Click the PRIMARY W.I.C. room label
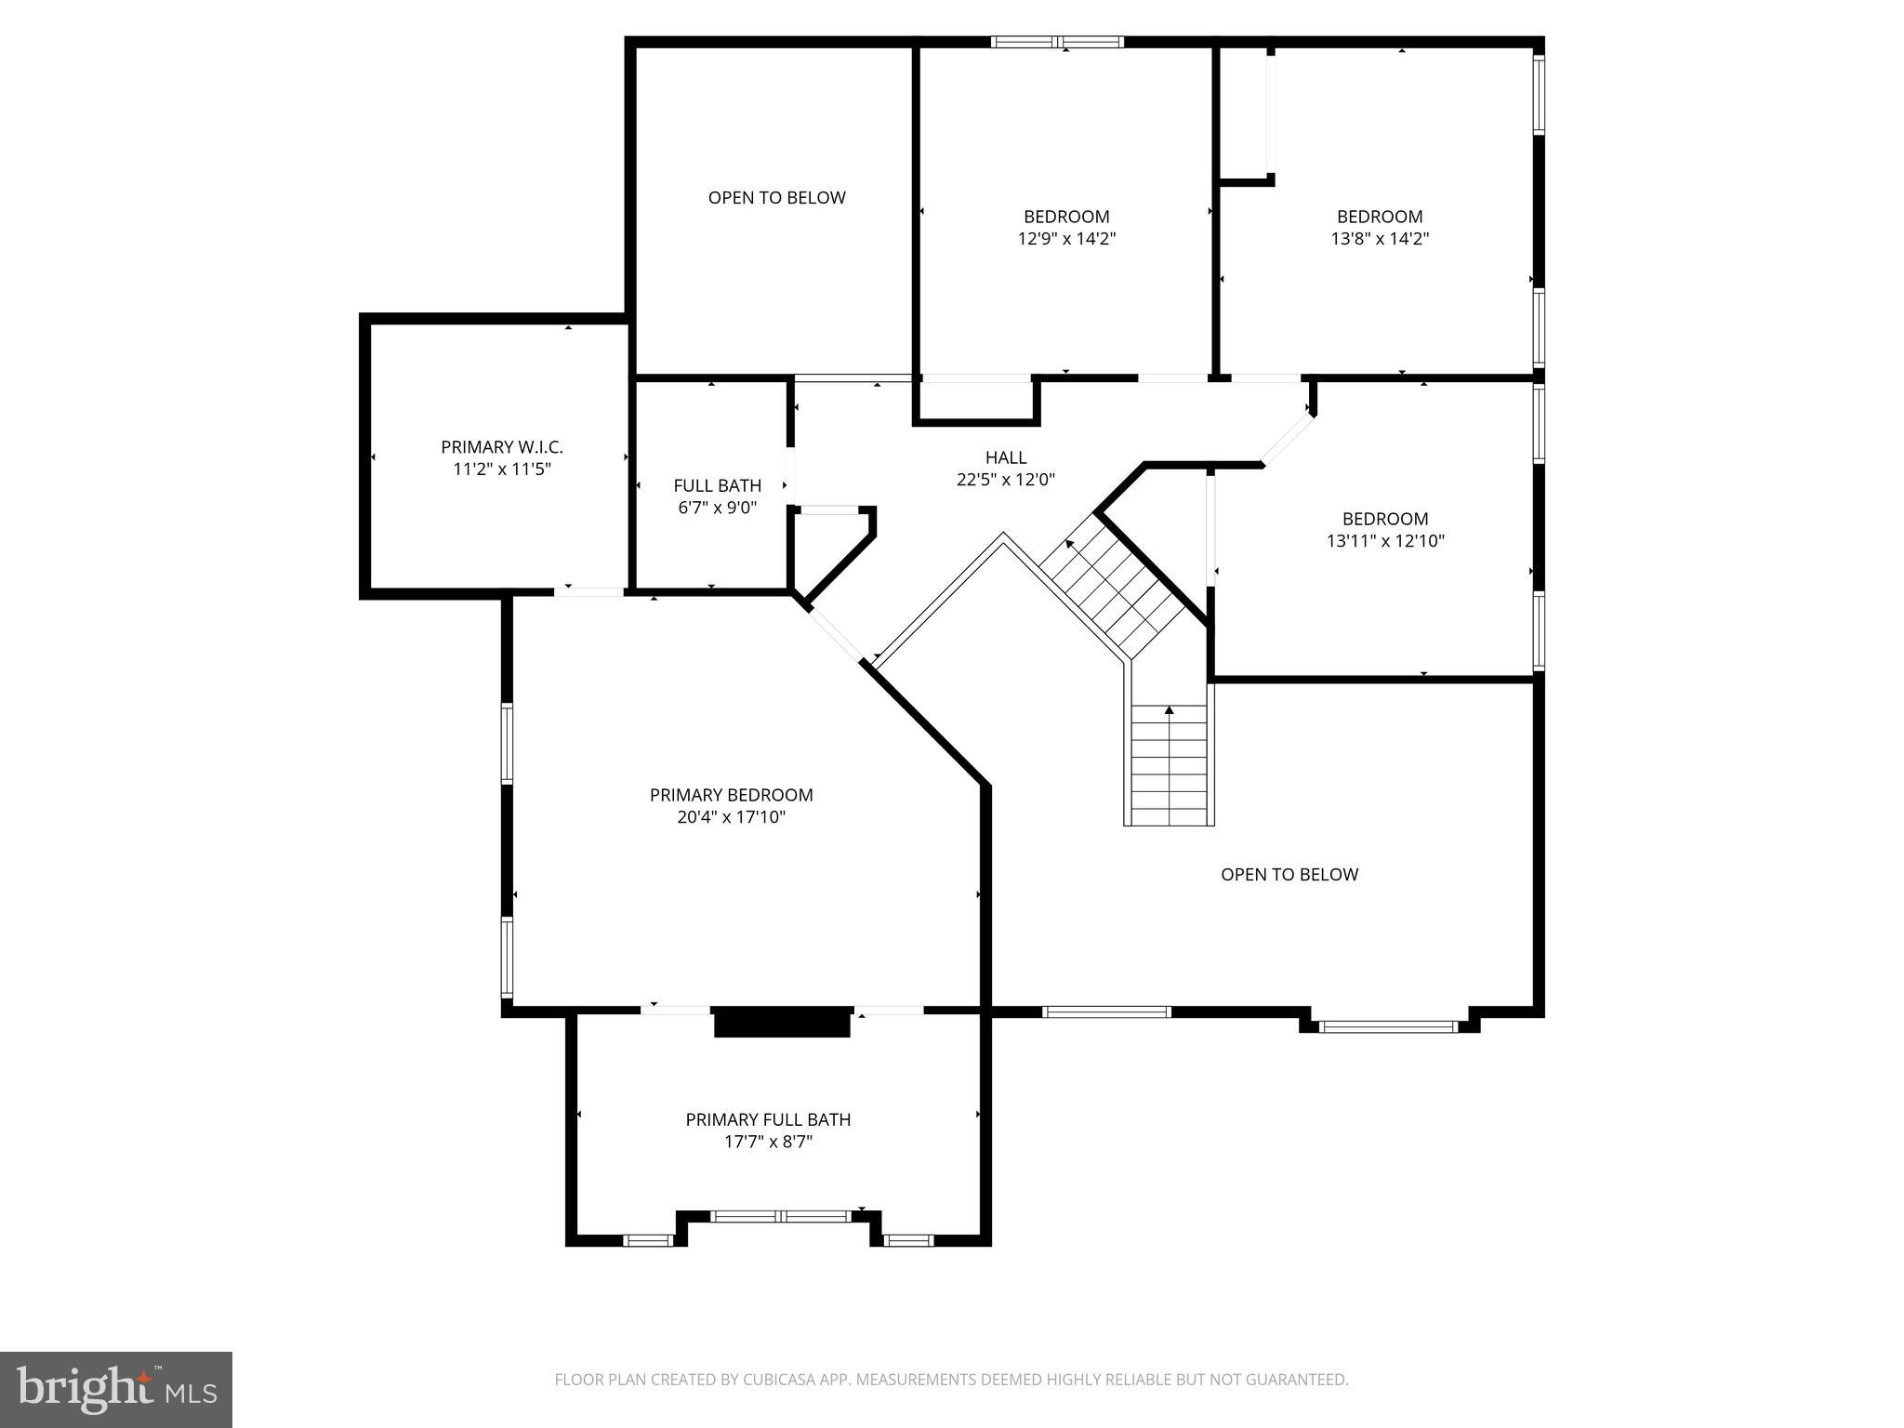[x=502, y=447]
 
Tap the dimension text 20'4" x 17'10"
[x=732, y=817]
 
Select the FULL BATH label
[x=717, y=485]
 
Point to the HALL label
[x=1005, y=457]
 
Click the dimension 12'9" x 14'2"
[x=1066, y=239]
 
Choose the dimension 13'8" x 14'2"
[x=1380, y=239]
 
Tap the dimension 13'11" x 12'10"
[x=1385, y=541]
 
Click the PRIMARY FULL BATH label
[x=768, y=1119]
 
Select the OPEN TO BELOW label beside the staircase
[x=1289, y=874]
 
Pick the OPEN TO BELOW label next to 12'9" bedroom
[x=776, y=197]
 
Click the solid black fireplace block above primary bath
[x=782, y=1022]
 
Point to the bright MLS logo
[x=116, y=1389]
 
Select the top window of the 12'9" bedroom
[x=1057, y=42]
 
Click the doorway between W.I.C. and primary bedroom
[x=589, y=591]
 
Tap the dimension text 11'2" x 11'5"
[x=502, y=469]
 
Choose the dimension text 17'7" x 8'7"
[x=768, y=1142]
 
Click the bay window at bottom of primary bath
[x=780, y=1216]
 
